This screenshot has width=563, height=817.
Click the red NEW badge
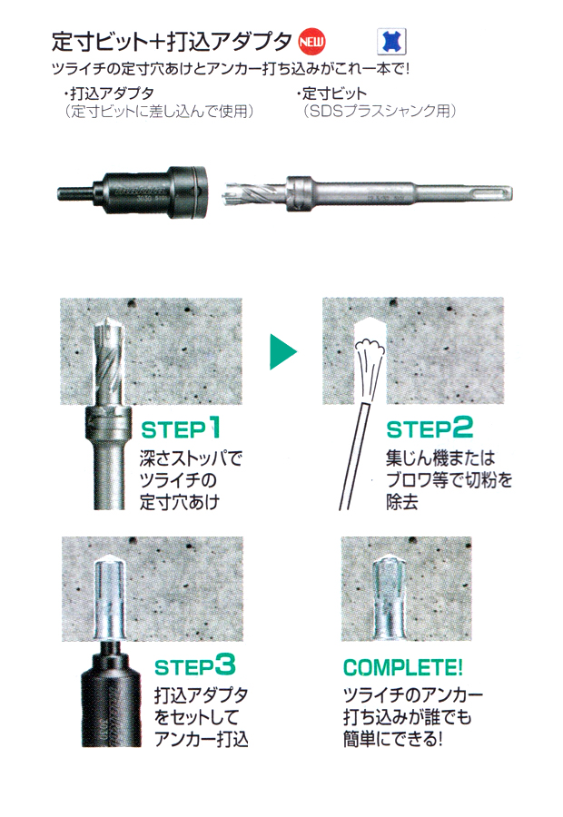pos(311,42)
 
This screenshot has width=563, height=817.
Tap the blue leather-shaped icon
pos(391,42)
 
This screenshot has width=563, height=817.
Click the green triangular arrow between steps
pos(283,351)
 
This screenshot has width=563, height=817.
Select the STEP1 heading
pos(182,428)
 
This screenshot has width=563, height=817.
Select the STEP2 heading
pos(430,428)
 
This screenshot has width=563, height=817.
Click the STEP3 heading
pos(195,665)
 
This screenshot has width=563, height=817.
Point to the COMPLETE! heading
pos(403,667)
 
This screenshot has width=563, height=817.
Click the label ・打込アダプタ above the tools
pos(109,94)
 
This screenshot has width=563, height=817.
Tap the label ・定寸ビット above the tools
pos(331,94)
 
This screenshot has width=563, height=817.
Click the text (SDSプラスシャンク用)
pos(380,111)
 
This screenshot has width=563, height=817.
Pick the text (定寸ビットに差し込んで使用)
pos(159,111)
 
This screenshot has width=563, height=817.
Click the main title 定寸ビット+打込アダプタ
pos(172,42)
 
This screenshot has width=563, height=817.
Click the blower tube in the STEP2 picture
pos(353,458)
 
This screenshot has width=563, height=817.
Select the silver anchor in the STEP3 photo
pos(110,599)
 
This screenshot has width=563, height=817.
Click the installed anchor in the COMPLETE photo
pos(389,600)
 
